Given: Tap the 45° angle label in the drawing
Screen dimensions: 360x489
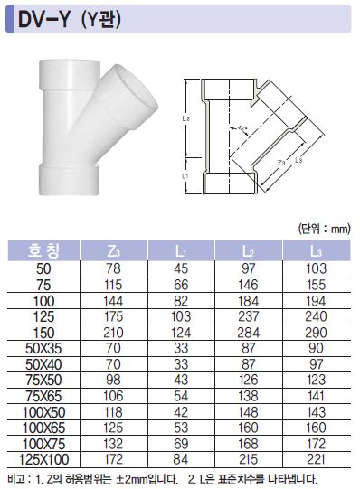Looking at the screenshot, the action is point(242,127).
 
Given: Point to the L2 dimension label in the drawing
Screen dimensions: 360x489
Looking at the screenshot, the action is point(186,118).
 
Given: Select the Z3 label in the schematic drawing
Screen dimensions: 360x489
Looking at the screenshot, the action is point(281,163).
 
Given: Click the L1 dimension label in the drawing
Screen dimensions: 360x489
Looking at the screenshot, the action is point(185,176).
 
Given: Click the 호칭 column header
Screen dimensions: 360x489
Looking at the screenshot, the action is point(43,250).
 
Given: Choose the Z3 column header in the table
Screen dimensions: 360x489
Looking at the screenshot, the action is point(114,251).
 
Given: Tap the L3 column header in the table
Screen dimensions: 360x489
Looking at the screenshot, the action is point(316,251).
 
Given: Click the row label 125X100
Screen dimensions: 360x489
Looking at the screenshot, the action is point(44,459).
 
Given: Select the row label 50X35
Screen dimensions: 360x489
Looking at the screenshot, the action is point(43,348).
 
